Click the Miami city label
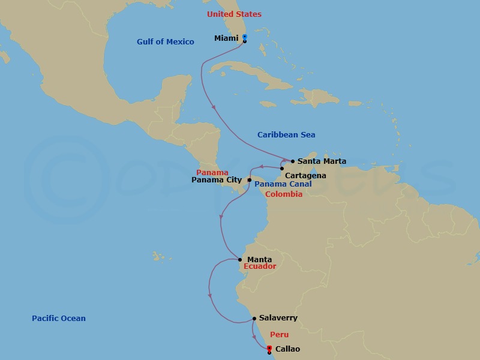coord(226,38)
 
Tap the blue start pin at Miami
coord(245,37)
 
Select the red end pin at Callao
coord(269,349)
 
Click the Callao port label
coord(287,349)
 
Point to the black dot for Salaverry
coord(254,318)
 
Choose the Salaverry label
coord(278,318)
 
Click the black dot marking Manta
coord(240,260)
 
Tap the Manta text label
coord(259,260)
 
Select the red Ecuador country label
coord(260,266)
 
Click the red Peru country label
coord(279,334)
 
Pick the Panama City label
coord(217,179)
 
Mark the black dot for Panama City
coord(250,179)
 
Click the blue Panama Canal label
coord(283,184)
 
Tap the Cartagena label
coord(306,175)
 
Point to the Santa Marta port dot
coord(292,161)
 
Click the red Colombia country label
coord(283,194)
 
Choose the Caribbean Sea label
coord(286,135)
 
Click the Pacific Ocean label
coord(59,319)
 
